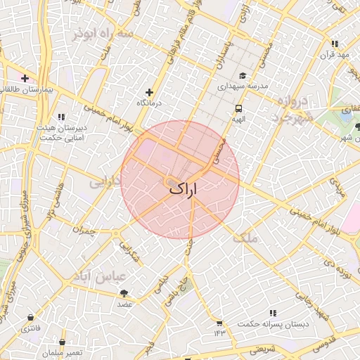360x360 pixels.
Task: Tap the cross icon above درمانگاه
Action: click(148, 92)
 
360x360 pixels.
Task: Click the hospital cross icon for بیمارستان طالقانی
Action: click(25, 78)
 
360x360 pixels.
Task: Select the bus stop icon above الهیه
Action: click(238, 109)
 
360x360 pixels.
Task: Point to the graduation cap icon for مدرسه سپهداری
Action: click(243, 76)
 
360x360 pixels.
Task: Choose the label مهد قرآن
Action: click(335, 55)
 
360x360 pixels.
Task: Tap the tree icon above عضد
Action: click(124, 293)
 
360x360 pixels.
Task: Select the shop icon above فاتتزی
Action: click(30, 318)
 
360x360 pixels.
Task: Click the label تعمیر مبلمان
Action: click(63, 352)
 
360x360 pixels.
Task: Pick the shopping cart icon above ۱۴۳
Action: click(219, 322)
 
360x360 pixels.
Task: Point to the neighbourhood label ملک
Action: click(245, 238)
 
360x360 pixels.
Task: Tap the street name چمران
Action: click(82, 229)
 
